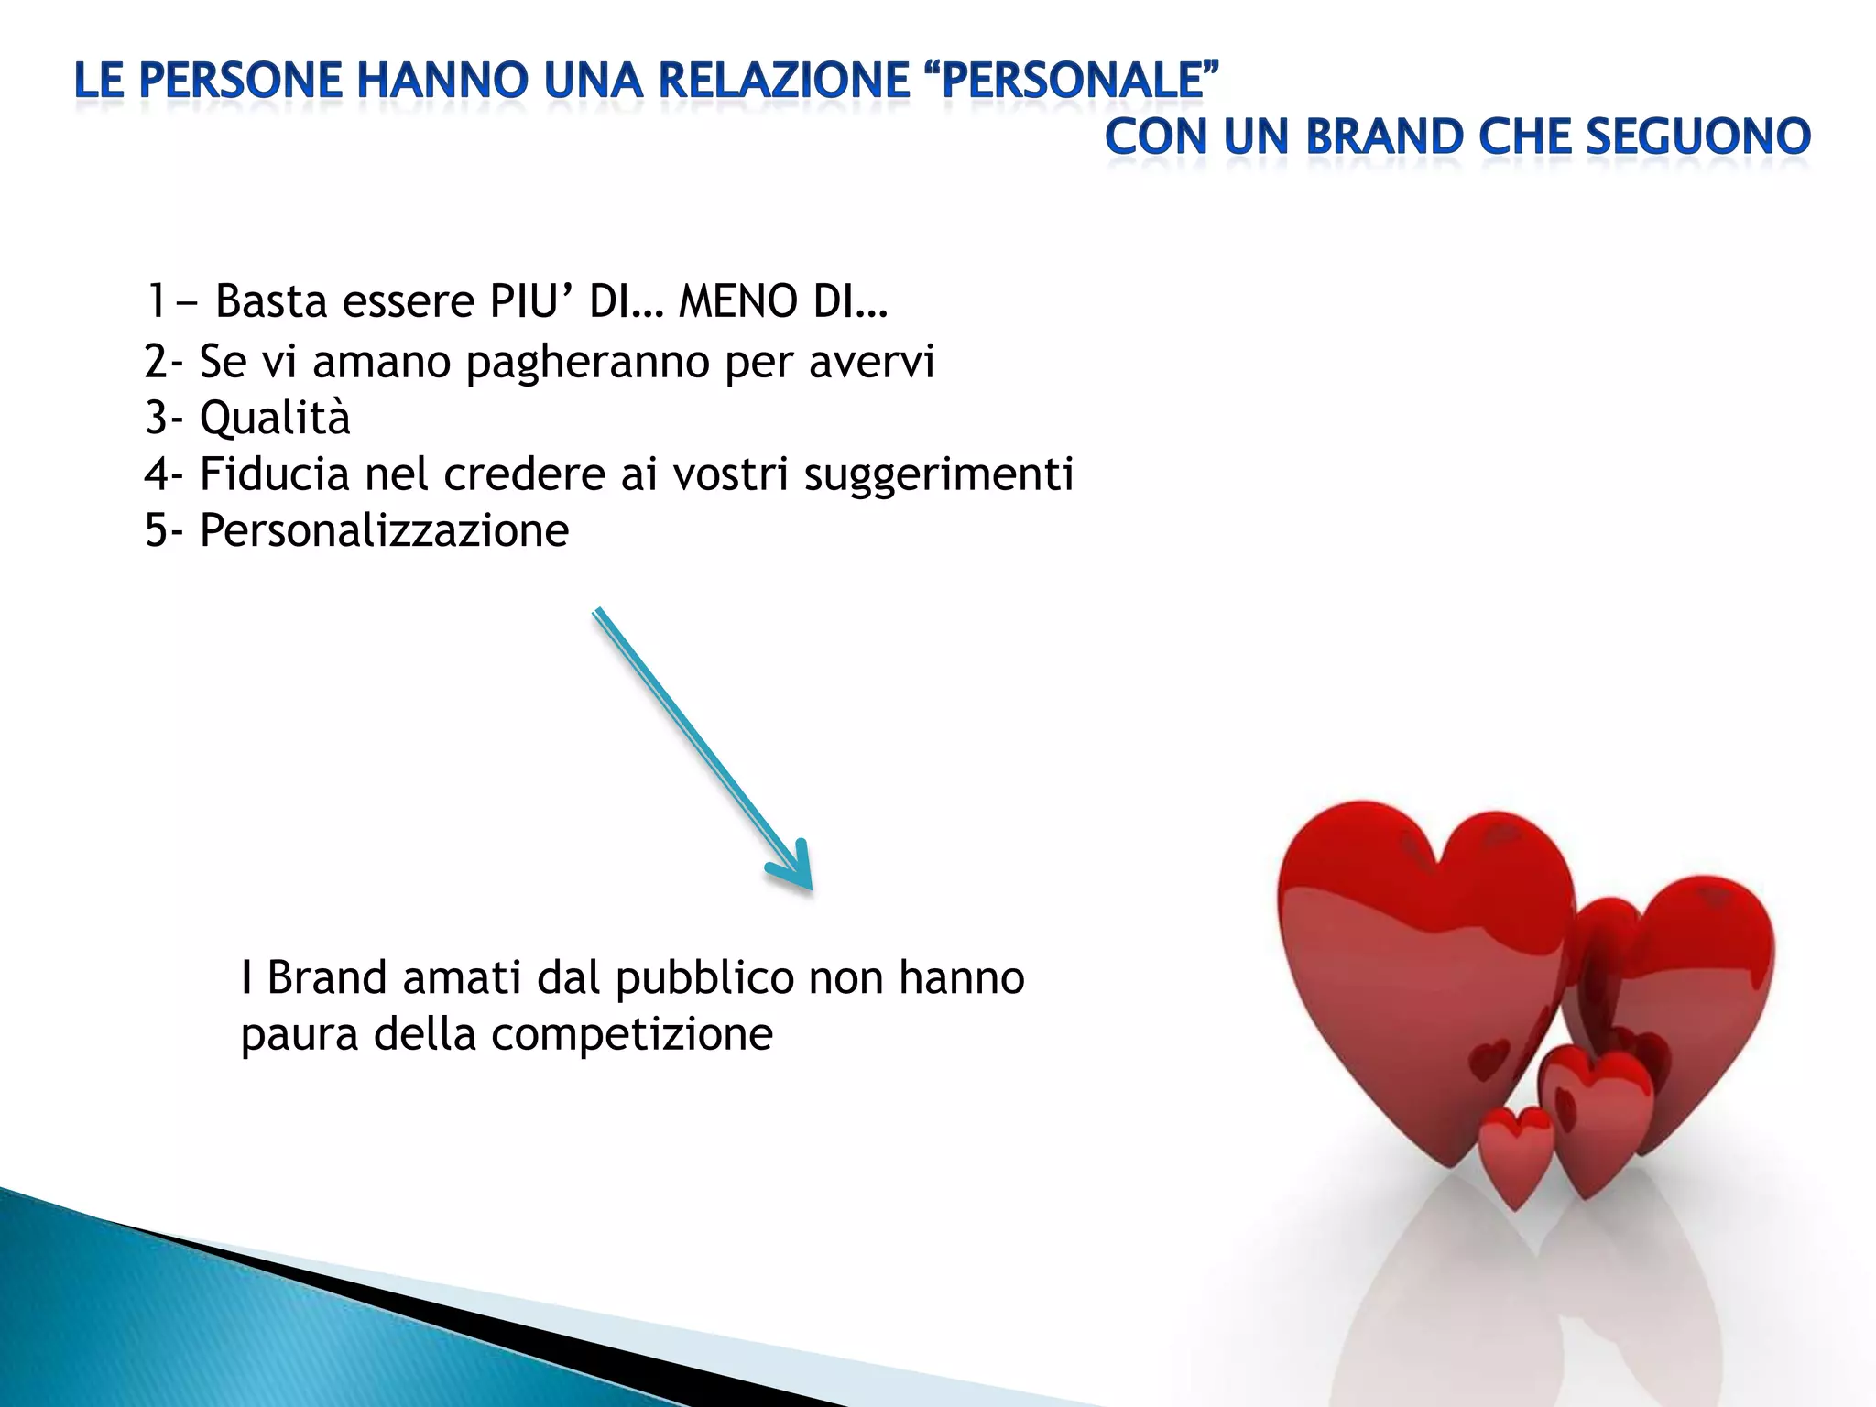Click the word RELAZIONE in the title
coord(783,81)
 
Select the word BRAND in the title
coord(1385,137)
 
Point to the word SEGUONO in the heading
coord(1697,137)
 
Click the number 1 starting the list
coord(157,301)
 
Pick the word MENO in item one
coord(738,301)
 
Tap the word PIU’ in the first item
coord(531,301)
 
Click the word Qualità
coord(275,419)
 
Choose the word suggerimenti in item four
coord(938,474)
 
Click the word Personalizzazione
coord(384,530)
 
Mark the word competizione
coord(631,1035)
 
